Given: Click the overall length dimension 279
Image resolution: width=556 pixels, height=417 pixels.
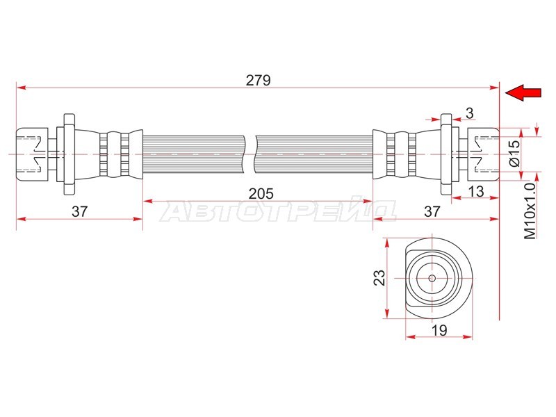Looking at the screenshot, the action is (x=258, y=80).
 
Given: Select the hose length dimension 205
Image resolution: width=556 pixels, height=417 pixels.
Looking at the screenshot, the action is (x=261, y=194).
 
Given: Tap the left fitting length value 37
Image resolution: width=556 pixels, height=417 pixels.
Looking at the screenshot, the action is (x=79, y=211).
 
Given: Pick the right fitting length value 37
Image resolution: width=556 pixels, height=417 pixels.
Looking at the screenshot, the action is (x=432, y=211).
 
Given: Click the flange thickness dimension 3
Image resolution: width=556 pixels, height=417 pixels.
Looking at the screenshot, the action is (x=470, y=113).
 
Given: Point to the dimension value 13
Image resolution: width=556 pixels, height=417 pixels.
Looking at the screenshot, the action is (x=476, y=192).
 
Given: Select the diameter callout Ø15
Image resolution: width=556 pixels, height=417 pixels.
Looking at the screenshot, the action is (x=514, y=153).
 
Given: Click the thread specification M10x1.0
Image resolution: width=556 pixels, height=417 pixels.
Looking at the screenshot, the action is (x=530, y=211).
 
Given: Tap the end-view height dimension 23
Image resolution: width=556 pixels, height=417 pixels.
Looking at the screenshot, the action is (x=379, y=277).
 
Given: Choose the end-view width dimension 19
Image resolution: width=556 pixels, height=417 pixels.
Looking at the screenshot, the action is (x=439, y=331).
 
